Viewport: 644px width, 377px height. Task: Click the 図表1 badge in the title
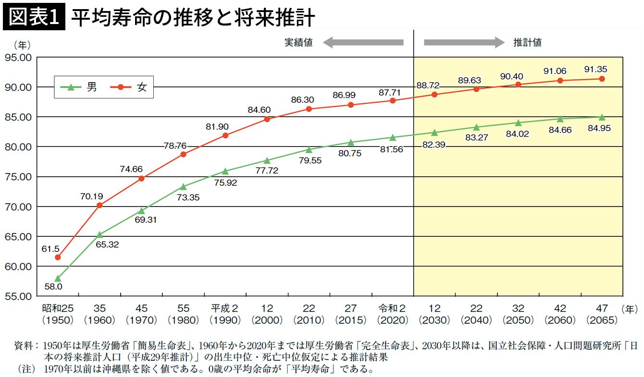pyautogui.click(x=34, y=18)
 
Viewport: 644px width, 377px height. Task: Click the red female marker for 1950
pyautogui.click(x=58, y=257)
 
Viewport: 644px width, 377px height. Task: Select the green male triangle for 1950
pyautogui.click(x=58, y=278)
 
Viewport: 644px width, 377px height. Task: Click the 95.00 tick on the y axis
pyautogui.click(x=18, y=57)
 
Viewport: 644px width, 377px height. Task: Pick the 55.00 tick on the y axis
pyautogui.click(x=18, y=296)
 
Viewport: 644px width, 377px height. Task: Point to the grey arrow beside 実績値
pyautogui.click(x=363, y=42)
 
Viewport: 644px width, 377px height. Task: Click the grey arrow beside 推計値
pyautogui.click(x=464, y=42)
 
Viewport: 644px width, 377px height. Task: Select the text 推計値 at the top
pyautogui.click(x=527, y=42)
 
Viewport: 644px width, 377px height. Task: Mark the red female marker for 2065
pyautogui.click(x=602, y=79)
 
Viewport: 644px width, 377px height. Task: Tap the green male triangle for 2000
pyautogui.click(x=267, y=160)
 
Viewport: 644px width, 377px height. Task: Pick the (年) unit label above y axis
pyautogui.click(x=22, y=45)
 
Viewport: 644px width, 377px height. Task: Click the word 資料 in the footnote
pyautogui.click(x=25, y=345)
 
